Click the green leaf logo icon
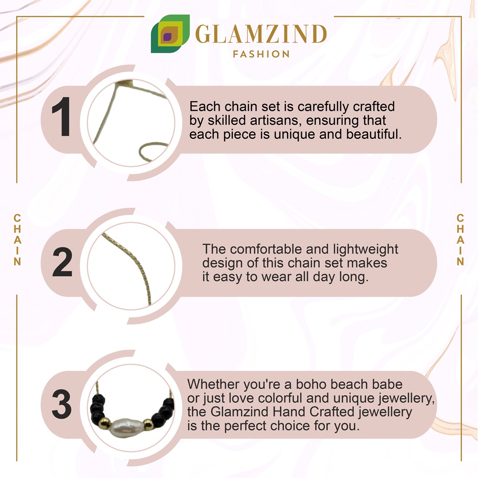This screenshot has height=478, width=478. (x=170, y=33)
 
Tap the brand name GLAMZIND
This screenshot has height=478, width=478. (x=261, y=34)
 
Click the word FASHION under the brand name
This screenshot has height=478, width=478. (x=261, y=55)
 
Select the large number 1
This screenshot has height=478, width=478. (x=62, y=117)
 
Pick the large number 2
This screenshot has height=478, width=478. (x=62, y=262)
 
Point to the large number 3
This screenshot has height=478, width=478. (x=62, y=404)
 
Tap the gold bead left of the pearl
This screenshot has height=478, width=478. (x=104, y=423)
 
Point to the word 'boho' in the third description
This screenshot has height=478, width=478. (x=311, y=384)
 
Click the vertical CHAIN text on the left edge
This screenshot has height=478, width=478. (x=17, y=240)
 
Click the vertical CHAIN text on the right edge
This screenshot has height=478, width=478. (x=460, y=240)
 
